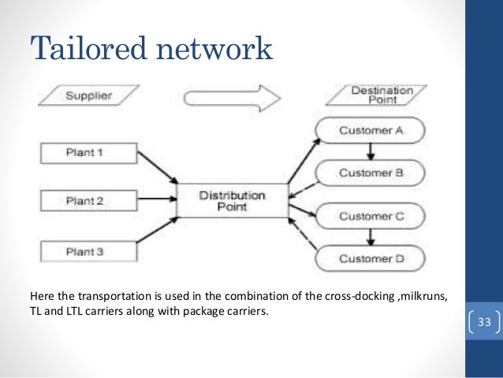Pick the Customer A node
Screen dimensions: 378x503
click(370, 130)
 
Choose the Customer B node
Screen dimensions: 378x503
click(370, 171)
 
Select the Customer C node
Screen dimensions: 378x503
click(370, 215)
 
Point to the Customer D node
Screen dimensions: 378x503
click(370, 258)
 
